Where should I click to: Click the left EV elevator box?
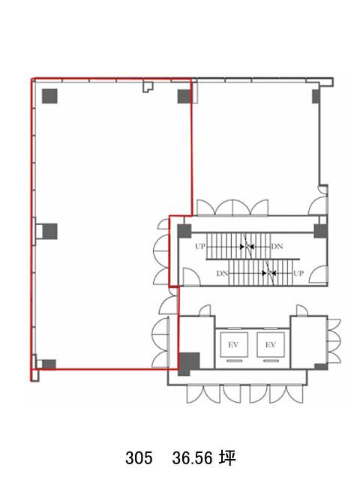pos(234,345)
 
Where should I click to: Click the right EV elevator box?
pos(271,345)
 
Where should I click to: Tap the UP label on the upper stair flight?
pos(200,246)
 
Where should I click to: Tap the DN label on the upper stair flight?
pos(277,246)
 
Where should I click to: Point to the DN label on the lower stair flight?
pos(223,273)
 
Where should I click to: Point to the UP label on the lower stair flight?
pos(298,273)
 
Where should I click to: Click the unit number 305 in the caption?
pos(139,458)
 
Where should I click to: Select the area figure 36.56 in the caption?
pos(192,458)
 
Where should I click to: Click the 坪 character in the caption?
pos(228,458)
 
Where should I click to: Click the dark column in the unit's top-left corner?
pos(49,96)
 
